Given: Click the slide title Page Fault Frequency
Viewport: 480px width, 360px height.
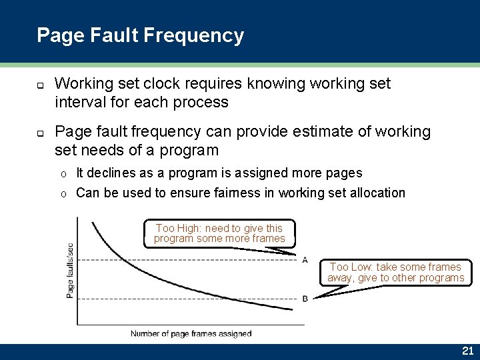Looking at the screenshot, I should coord(140,35).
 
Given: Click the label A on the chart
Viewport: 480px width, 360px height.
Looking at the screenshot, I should coord(305,259).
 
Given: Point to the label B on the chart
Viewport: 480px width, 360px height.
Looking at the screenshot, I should coord(305,298).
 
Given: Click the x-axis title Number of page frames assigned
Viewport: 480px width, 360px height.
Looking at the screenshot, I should coord(191,333).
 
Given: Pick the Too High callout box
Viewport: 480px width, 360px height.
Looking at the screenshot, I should coord(219,233).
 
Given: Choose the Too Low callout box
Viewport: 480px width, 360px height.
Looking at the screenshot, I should coord(395,272).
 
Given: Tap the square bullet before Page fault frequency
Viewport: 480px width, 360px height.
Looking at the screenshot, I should coord(40,133).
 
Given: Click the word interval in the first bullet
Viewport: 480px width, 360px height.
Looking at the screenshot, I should coord(78,102).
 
